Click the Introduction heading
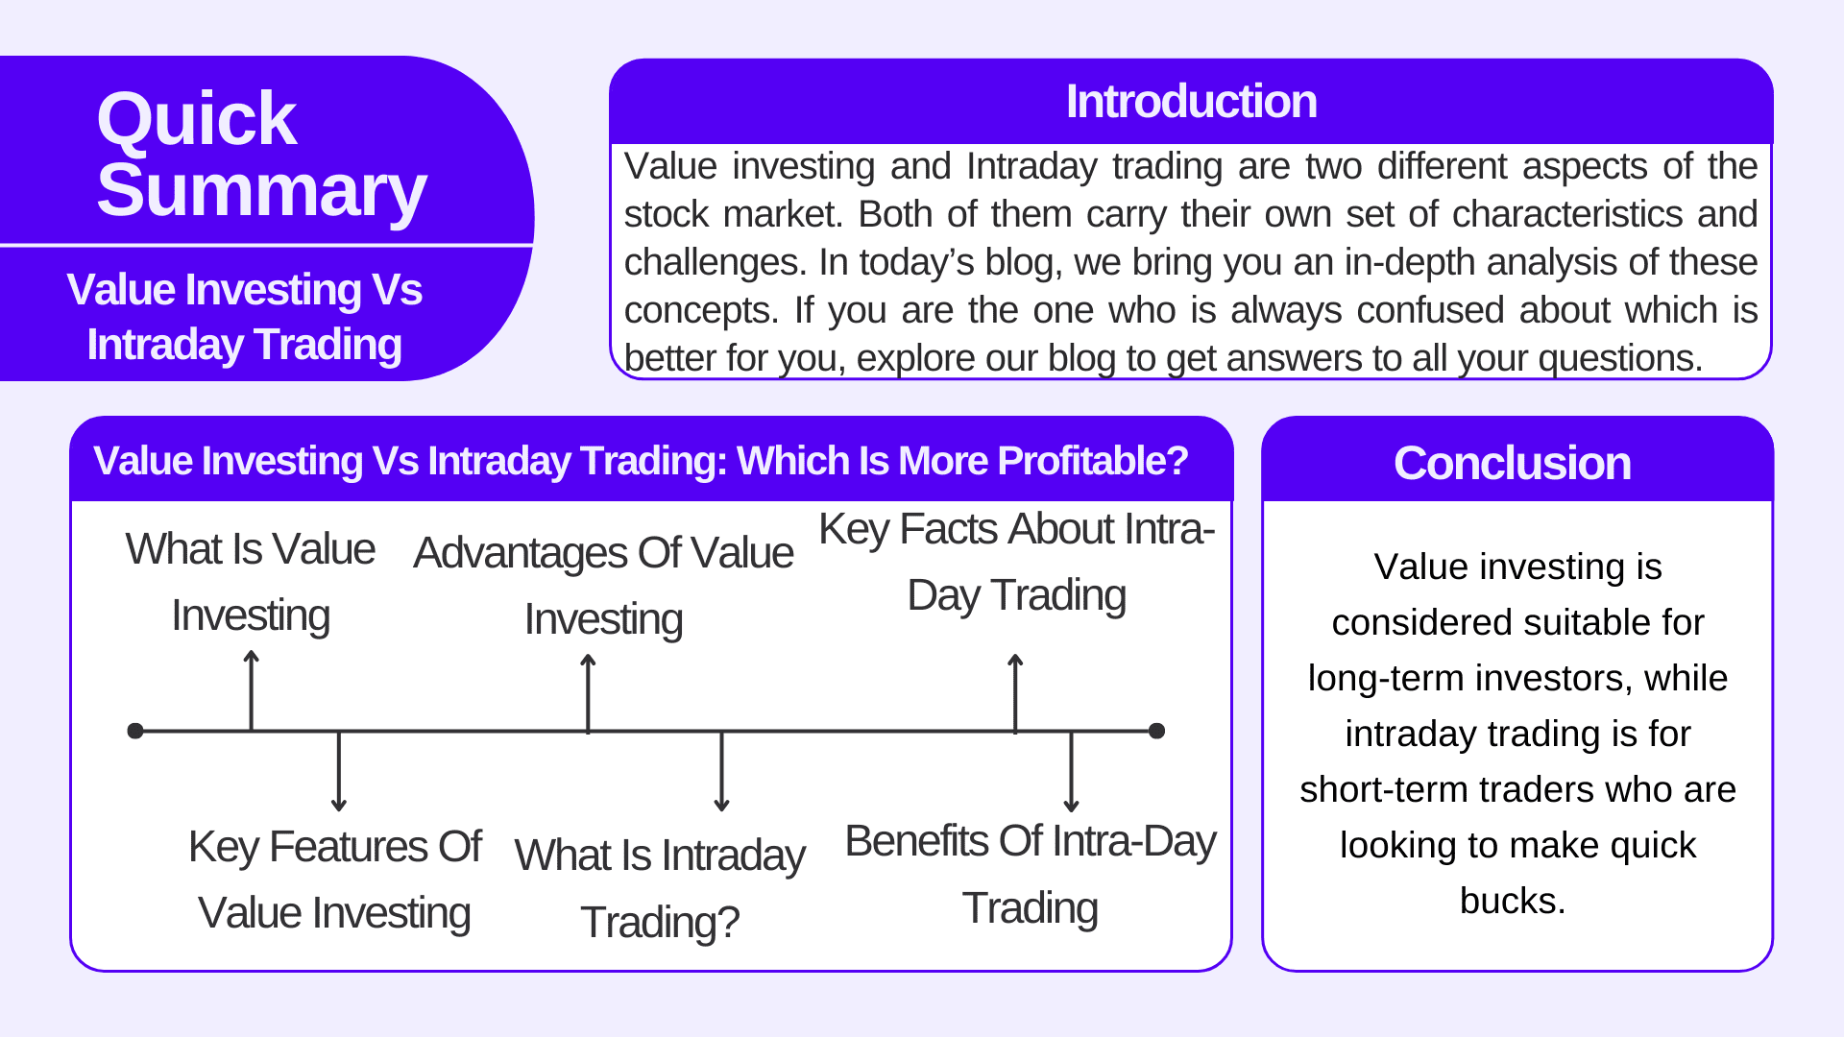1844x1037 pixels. [x=1191, y=102]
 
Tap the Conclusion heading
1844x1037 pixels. [x=1513, y=463]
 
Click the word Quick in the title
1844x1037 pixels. [x=197, y=120]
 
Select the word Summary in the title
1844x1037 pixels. [x=261, y=192]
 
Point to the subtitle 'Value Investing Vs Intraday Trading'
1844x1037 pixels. [x=244, y=317]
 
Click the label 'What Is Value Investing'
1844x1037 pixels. [x=251, y=582]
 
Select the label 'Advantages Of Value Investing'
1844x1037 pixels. [x=603, y=586]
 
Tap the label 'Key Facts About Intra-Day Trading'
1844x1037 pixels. [x=1017, y=563]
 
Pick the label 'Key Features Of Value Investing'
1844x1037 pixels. [x=334, y=880]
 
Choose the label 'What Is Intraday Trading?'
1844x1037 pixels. [x=660, y=888]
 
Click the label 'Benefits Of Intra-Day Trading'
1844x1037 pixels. [x=1031, y=875]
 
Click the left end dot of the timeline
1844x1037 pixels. [x=135, y=731]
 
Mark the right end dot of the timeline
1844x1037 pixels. [x=1156, y=731]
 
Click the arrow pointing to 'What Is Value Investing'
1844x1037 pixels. [x=251, y=690]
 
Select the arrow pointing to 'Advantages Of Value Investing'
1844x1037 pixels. [x=588, y=693]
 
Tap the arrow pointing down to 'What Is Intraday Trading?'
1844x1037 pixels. [x=721, y=771]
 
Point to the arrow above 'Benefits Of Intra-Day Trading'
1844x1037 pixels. [x=1071, y=771]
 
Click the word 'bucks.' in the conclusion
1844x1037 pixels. [x=1513, y=901]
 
